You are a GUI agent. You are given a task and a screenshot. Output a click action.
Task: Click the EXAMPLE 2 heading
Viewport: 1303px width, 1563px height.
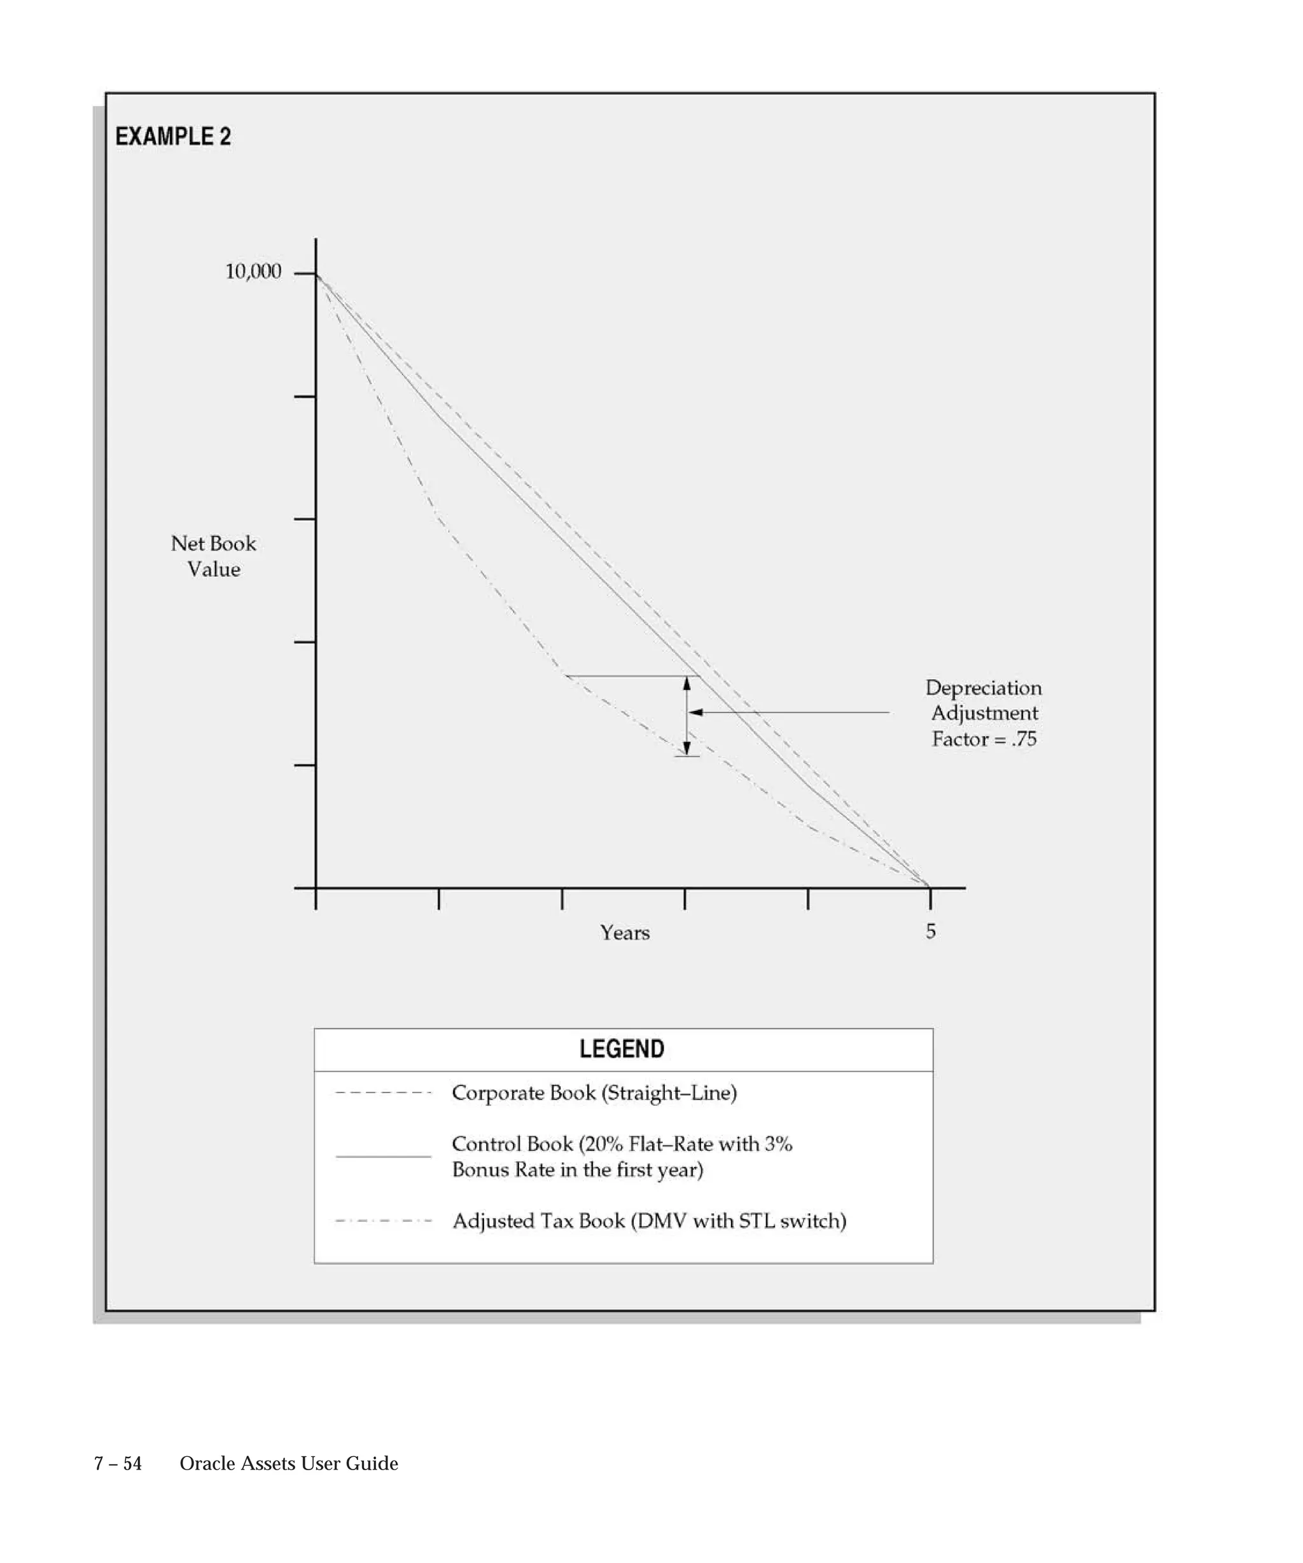(173, 137)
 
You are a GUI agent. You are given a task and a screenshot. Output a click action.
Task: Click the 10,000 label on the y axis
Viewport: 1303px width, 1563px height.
(253, 272)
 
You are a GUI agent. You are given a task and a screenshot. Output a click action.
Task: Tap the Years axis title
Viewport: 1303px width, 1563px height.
(625, 933)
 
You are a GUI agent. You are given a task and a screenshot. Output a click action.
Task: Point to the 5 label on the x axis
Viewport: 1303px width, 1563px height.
(931, 931)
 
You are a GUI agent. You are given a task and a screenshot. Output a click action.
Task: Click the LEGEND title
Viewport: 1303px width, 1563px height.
(622, 1049)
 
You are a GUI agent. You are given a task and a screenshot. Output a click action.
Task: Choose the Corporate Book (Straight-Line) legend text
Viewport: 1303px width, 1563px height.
(594, 1092)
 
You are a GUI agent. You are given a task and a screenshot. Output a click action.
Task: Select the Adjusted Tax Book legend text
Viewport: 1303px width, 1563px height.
(649, 1221)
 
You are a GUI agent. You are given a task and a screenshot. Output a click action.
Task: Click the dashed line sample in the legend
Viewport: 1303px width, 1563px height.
(384, 1092)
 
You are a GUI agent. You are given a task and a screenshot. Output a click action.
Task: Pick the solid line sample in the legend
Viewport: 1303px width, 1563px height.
(384, 1157)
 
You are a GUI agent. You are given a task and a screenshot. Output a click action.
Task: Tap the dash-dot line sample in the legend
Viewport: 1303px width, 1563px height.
(384, 1221)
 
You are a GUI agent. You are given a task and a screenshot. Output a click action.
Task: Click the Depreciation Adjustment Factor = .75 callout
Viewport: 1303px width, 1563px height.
(984, 713)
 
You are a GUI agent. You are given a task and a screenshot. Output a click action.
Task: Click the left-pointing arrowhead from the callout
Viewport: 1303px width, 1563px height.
(695, 712)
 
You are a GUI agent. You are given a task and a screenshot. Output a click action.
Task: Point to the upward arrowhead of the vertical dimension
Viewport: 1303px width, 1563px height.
(686, 683)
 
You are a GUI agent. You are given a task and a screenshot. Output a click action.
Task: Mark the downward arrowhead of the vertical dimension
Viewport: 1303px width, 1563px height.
(686, 748)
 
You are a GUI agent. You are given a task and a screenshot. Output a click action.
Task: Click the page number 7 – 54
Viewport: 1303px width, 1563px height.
(118, 1463)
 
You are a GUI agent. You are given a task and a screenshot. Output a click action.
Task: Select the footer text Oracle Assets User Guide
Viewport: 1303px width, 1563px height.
(289, 1463)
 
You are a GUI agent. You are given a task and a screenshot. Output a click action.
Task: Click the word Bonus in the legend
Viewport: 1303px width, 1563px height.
(478, 1169)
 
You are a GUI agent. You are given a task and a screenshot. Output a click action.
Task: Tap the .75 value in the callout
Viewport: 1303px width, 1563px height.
(1024, 739)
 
